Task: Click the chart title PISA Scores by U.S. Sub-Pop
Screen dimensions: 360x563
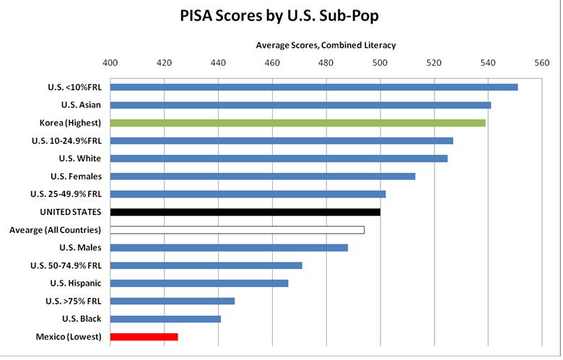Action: point(281,17)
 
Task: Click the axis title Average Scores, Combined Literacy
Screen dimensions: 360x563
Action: point(326,45)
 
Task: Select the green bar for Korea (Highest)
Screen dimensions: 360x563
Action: point(297,123)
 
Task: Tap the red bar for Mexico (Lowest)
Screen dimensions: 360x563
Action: point(144,337)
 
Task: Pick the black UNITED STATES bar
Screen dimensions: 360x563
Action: point(245,212)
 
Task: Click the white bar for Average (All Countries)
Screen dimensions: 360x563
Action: point(237,230)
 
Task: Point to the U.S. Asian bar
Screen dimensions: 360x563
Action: point(300,105)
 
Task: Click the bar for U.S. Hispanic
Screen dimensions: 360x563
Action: point(199,284)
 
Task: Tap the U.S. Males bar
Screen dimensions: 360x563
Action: point(229,247)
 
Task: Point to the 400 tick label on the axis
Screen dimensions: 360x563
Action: point(110,63)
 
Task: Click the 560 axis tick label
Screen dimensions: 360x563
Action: point(542,63)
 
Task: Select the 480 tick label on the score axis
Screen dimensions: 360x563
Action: point(326,63)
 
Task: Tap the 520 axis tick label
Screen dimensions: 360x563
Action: point(434,63)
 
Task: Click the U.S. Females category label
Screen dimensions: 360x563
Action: point(76,176)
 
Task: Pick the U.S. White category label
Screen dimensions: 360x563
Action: point(80,158)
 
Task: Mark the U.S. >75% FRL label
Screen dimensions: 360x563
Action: point(71,301)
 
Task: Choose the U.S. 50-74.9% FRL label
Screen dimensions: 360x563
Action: point(66,265)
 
